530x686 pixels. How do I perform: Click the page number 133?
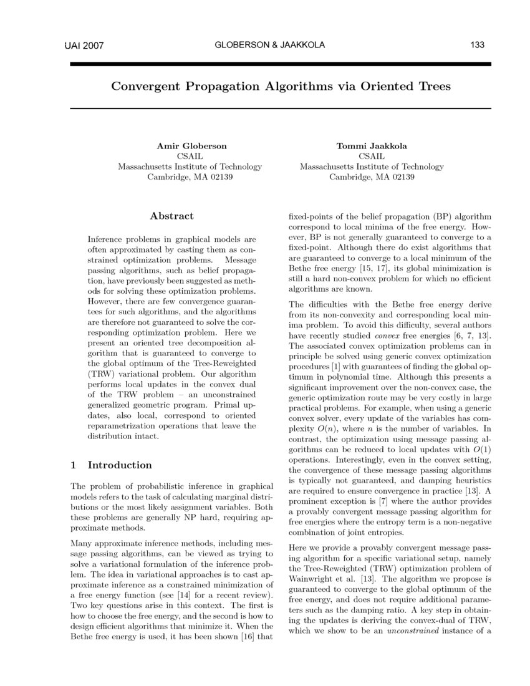[x=478, y=45]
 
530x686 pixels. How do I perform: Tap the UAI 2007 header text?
[x=84, y=46]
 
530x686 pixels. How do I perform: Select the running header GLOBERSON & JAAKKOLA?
[x=269, y=45]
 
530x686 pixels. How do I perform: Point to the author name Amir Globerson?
[x=191, y=146]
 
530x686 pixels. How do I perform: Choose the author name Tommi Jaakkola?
[x=372, y=146]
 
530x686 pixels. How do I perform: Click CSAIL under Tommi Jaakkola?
[x=372, y=157]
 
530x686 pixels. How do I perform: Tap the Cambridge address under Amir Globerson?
[x=190, y=177]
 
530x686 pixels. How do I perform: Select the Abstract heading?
[x=171, y=216]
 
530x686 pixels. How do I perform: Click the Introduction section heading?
[x=119, y=465]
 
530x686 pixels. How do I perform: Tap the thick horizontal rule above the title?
[x=281, y=64]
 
